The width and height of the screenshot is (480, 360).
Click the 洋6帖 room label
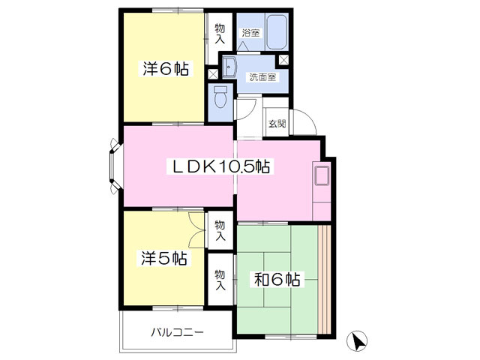point(166,68)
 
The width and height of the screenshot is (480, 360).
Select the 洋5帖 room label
point(164,258)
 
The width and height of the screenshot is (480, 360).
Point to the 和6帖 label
point(277,279)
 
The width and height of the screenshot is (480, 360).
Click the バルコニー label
point(178,332)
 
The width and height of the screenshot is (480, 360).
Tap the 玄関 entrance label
point(277,123)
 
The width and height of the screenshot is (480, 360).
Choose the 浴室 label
point(251,33)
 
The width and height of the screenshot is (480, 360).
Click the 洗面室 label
point(262,77)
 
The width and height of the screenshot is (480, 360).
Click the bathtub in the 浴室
point(277,31)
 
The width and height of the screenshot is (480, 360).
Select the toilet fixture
point(220,97)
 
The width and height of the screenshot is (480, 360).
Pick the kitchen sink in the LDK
point(322,175)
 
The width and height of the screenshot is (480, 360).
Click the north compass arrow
point(357,341)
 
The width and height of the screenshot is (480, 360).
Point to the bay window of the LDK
point(115,166)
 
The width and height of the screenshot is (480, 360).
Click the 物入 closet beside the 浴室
point(220,38)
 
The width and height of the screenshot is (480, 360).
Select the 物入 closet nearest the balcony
point(220,279)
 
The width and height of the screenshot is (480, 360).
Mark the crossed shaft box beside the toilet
point(213,74)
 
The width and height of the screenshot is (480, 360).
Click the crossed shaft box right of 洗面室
point(283,60)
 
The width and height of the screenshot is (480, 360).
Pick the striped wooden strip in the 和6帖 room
point(324,280)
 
